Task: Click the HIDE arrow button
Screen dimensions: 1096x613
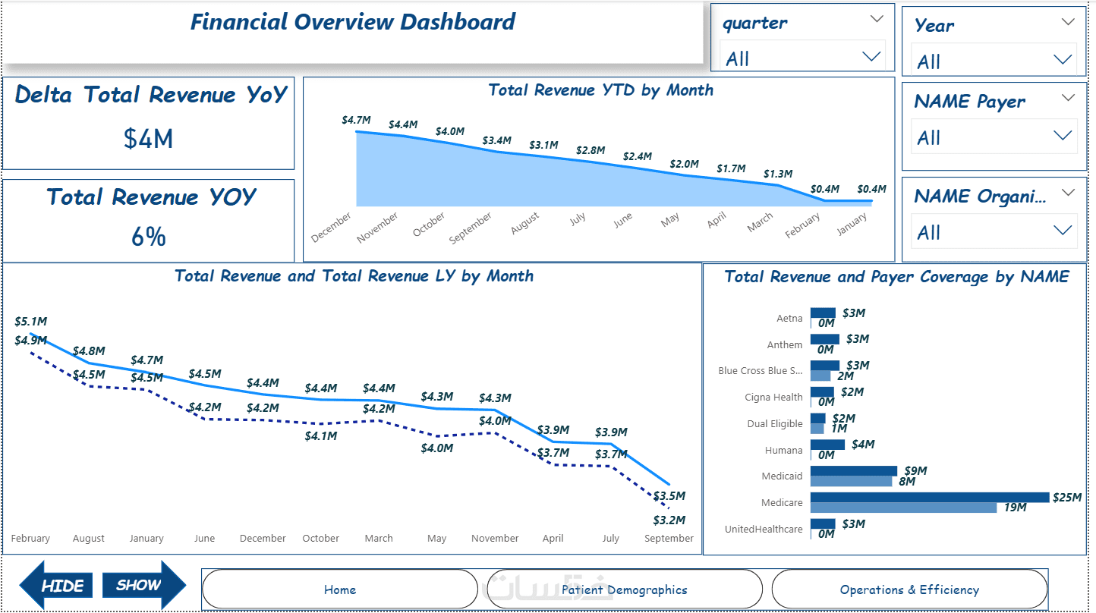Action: [55, 585]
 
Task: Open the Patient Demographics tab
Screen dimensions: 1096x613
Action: [625, 589]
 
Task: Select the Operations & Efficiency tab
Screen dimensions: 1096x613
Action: [909, 589]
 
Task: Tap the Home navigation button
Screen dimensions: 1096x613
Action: [339, 589]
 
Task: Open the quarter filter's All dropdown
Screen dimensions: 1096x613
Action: [802, 58]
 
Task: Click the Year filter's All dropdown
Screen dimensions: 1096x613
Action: [994, 61]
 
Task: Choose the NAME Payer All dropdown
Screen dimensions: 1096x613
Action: [994, 137]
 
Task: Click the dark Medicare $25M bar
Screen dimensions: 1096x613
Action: [930, 497]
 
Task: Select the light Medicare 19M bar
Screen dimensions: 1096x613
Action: [903, 508]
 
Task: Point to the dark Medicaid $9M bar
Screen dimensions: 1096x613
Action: [853, 470]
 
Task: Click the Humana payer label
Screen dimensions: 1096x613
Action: [783, 450]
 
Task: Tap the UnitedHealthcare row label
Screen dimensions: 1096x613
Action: [764, 529]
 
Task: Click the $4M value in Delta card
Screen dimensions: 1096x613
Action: [148, 138]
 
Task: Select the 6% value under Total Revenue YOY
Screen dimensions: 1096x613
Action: [148, 237]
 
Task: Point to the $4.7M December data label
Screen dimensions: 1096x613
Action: [356, 120]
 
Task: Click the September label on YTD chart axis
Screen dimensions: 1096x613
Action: [471, 228]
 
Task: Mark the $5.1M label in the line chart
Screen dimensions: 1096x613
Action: [31, 322]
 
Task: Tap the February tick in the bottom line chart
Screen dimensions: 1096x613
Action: [30, 538]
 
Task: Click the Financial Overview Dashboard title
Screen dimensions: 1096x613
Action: [352, 22]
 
